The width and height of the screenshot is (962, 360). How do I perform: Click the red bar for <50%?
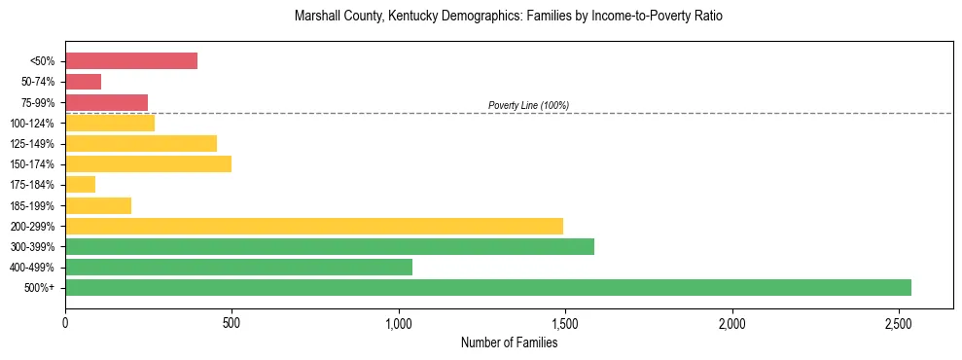tap(131, 61)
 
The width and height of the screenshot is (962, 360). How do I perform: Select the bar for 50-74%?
tap(84, 82)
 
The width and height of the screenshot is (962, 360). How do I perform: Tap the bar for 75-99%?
tap(107, 102)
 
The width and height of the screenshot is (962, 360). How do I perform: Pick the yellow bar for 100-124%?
tap(110, 123)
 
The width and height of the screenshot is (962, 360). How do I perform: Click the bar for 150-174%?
tap(149, 163)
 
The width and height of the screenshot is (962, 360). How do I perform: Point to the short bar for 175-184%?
tap(81, 184)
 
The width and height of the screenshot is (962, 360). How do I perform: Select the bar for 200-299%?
tap(314, 226)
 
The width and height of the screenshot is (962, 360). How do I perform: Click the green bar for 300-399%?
tap(330, 246)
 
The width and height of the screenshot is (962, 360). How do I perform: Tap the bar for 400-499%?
tap(239, 267)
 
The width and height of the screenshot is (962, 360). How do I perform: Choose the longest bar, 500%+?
tap(488, 287)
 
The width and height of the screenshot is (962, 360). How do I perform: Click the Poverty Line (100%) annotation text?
tap(528, 105)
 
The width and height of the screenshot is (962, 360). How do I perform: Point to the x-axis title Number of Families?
tap(509, 342)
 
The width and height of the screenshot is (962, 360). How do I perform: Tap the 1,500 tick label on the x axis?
tap(565, 322)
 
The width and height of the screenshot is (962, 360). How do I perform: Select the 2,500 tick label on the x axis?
tap(899, 322)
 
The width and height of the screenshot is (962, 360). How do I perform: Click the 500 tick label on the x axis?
tap(232, 322)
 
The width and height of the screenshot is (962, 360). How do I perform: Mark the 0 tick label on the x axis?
tap(65, 322)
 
